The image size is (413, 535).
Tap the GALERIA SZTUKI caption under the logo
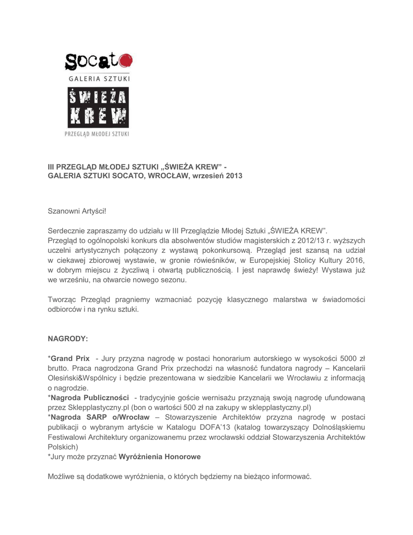pos(98,79)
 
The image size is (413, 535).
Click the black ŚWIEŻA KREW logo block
pos(98,109)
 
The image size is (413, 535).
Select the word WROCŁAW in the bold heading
pos(172,176)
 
